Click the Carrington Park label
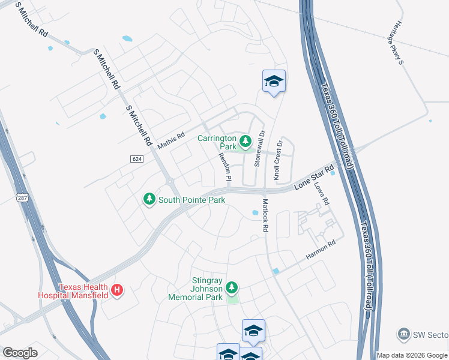tap(217, 142)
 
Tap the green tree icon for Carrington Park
tap(245, 142)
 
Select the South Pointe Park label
tap(191, 199)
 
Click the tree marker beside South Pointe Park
tap(149, 199)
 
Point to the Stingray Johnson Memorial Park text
tap(199, 289)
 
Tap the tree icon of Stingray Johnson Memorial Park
tap(232, 289)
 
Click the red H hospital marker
tap(118, 291)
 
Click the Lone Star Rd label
tap(313, 178)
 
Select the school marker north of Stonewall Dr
tap(274, 82)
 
